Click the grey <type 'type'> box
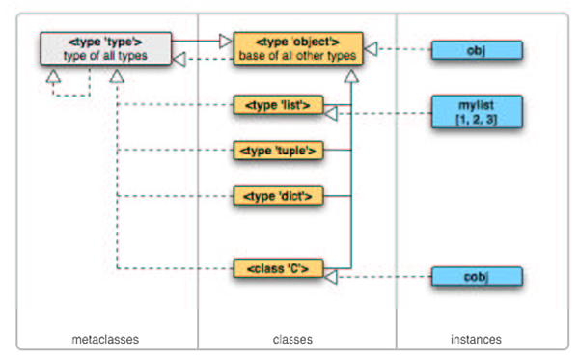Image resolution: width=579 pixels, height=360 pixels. [x=105, y=48]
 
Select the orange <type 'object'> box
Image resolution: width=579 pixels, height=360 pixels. [x=297, y=48]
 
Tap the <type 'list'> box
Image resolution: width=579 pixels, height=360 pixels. [x=276, y=104]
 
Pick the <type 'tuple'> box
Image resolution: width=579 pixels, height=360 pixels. [x=276, y=150]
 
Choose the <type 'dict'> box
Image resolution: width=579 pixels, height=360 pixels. [x=276, y=196]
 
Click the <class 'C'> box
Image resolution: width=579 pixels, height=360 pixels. [x=276, y=268]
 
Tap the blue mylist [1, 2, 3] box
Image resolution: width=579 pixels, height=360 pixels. [x=476, y=111]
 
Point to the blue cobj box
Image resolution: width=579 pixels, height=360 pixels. [x=476, y=277]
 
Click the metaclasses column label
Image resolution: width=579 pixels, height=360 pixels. [x=106, y=339]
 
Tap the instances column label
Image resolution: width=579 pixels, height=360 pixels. [x=476, y=339]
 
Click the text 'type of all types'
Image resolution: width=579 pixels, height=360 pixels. [x=105, y=55]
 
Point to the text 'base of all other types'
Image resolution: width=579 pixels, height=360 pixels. [x=297, y=55]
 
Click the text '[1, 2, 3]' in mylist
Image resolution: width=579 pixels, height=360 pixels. [x=476, y=118]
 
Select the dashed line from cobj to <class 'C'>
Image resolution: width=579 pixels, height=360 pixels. [x=386, y=277]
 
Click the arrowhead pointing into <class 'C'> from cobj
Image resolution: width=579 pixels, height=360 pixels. [x=329, y=277]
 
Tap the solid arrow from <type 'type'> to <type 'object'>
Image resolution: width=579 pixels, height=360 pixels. [x=198, y=41]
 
